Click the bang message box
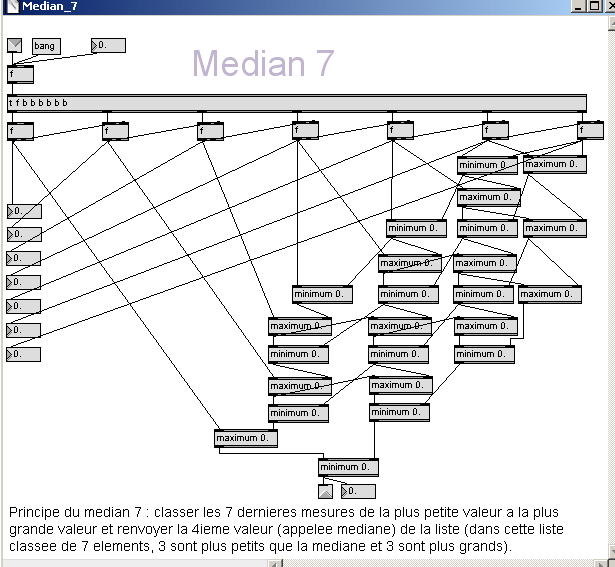tap(45, 46)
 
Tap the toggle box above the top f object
tap(14, 45)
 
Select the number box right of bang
tap(108, 45)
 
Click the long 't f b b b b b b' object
tap(296, 103)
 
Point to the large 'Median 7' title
tap(263, 63)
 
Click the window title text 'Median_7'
tap(50, 7)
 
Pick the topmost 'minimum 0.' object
tap(487, 165)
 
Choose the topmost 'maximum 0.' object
tap(554, 165)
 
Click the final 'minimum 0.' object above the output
tap(348, 467)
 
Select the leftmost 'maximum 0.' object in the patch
tap(245, 438)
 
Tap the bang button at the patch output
tap(325, 491)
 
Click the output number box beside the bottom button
tap(358, 491)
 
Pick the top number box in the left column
tap(23, 211)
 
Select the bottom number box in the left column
tap(23, 354)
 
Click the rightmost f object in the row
tap(590, 130)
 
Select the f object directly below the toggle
tap(20, 74)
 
